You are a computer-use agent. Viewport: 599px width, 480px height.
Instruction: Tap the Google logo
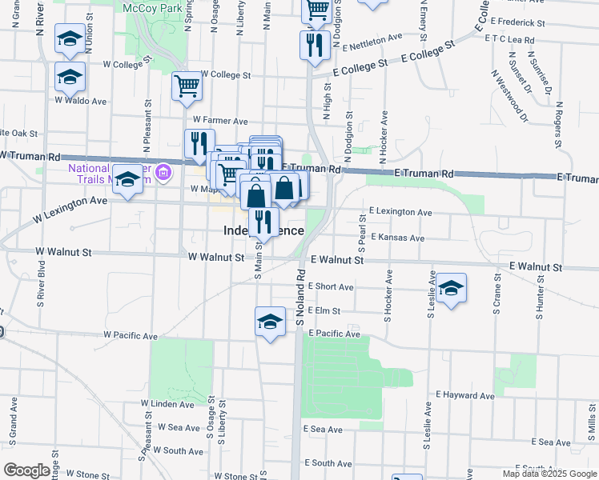coord(26,470)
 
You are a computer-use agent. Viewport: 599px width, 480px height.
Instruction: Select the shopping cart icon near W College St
coord(187,86)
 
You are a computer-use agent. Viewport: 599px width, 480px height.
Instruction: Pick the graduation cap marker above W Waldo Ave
coord(70,76)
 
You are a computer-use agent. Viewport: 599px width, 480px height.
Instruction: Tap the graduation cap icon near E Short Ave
coord(452,289)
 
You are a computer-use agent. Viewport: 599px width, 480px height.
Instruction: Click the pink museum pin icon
coord(164,171)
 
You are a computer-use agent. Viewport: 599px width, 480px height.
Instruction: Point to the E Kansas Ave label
coord(396,238)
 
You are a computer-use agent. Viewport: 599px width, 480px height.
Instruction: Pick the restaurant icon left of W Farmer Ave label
coord(196,143)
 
